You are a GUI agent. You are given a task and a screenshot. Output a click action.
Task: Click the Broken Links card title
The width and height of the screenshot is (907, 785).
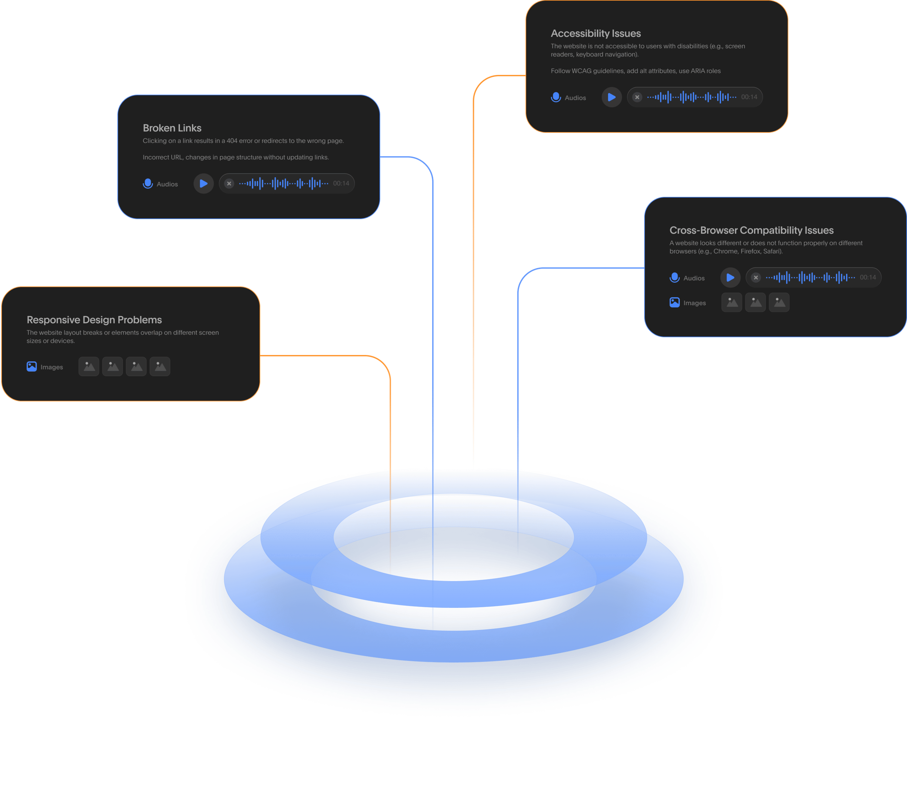click(x=172, y=128)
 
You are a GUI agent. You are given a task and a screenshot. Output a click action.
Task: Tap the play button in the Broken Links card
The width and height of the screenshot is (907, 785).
click(x=203, y=184)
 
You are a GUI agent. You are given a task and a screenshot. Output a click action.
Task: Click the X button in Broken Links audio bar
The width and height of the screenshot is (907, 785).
click(x=229, y=184)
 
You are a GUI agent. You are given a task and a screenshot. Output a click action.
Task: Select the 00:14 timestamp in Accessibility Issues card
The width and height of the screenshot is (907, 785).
click(x=749, y=97)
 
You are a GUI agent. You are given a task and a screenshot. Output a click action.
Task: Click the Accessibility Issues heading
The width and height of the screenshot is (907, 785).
click(x=595, y=33)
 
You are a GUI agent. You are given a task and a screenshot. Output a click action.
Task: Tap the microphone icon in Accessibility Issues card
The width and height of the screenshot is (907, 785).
click(x=556, y=97)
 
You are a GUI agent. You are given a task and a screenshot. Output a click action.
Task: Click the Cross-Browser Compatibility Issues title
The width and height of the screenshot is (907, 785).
click(x=751, y=230)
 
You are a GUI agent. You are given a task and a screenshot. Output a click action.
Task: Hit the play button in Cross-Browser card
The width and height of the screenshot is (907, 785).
click(x=730, y=277)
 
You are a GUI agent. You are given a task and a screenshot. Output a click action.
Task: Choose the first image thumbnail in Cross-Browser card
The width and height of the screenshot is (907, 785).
click(x=732, y=302)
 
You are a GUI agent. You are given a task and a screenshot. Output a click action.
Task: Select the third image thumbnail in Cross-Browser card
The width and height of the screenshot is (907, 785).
click(x=779, y=302)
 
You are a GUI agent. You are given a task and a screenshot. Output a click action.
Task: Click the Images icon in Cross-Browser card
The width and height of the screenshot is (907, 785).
click(x=674, y=302)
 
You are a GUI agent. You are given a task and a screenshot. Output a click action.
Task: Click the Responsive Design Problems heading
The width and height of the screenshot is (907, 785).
click(x=94, y=320)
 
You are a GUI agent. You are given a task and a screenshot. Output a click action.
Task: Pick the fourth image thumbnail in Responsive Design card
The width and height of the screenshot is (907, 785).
click(x=160, y=367)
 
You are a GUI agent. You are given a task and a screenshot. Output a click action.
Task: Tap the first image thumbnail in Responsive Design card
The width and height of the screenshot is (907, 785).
click(x=89, y=367)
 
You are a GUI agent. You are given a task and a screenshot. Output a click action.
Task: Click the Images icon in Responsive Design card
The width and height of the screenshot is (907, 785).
click(x=31, y=367)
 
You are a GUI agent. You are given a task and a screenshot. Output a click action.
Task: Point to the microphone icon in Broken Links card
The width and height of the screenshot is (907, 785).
click(x=148, y=184)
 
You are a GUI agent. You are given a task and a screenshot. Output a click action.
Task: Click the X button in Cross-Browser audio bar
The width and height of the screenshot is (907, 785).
click(x=756, y=277)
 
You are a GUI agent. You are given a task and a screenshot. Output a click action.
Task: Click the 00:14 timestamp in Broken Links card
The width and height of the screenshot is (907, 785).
click(x=341, y=184)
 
